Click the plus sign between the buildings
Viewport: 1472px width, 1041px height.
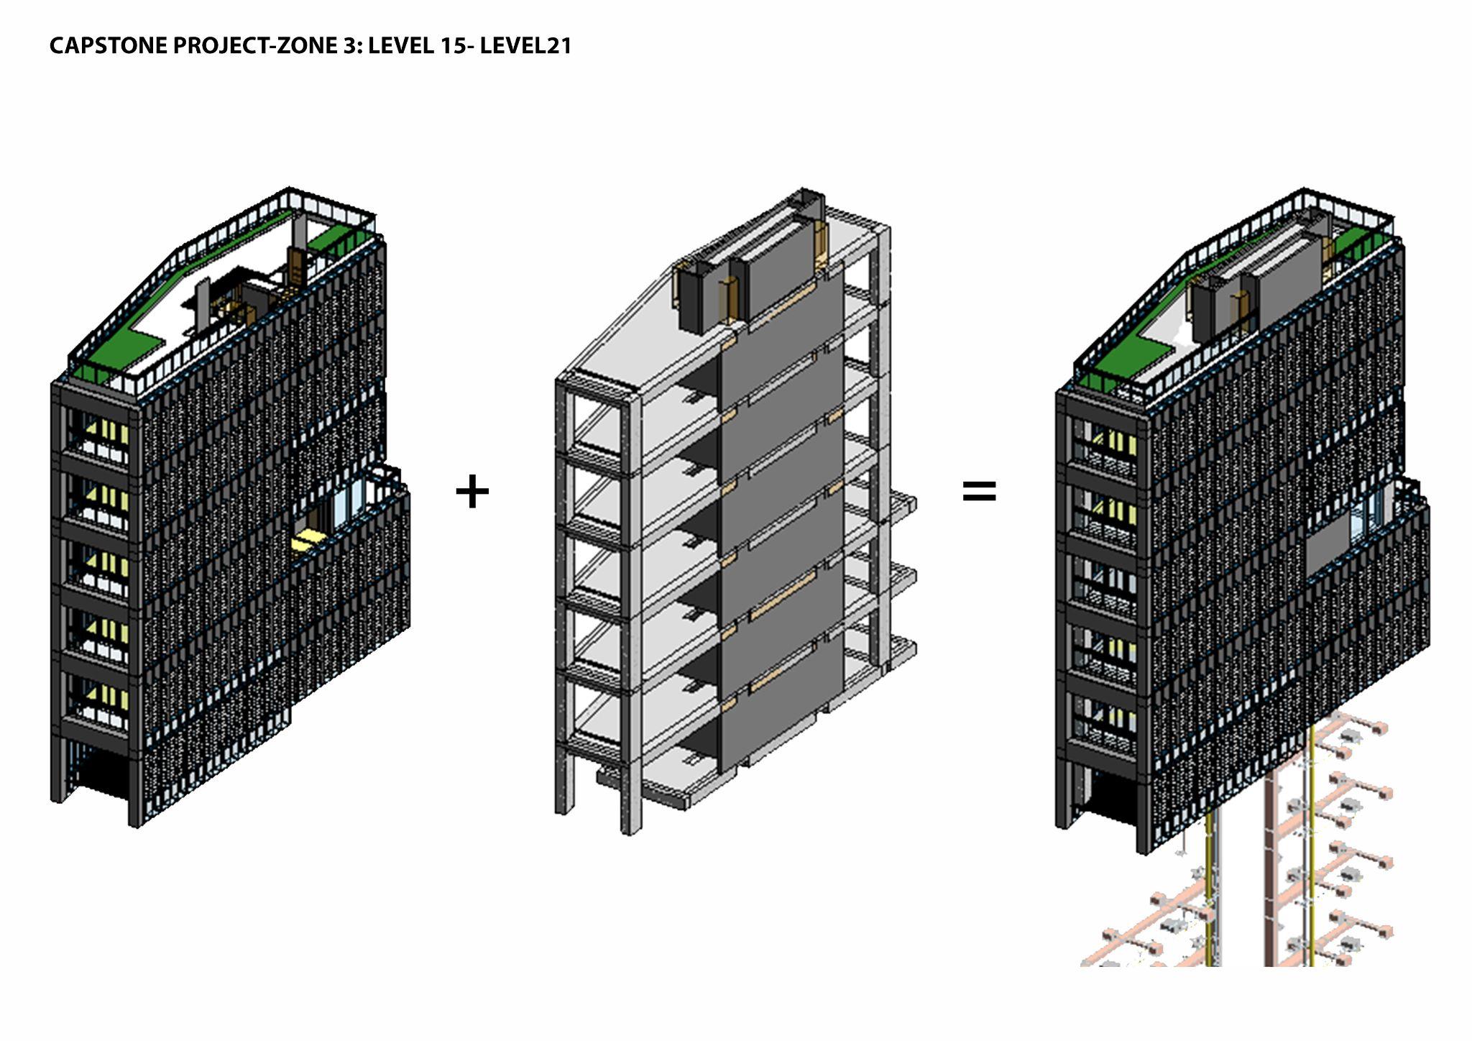[x=472, y=492]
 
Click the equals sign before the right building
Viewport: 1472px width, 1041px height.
[x=979, y=492]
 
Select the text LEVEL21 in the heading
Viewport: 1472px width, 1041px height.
[x=525, y=46]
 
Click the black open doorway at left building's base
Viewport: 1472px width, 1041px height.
[x=101, y=773]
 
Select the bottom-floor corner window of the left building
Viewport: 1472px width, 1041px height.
[x=101, y=701]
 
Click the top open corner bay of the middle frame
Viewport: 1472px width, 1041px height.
[x=597, y=424]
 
